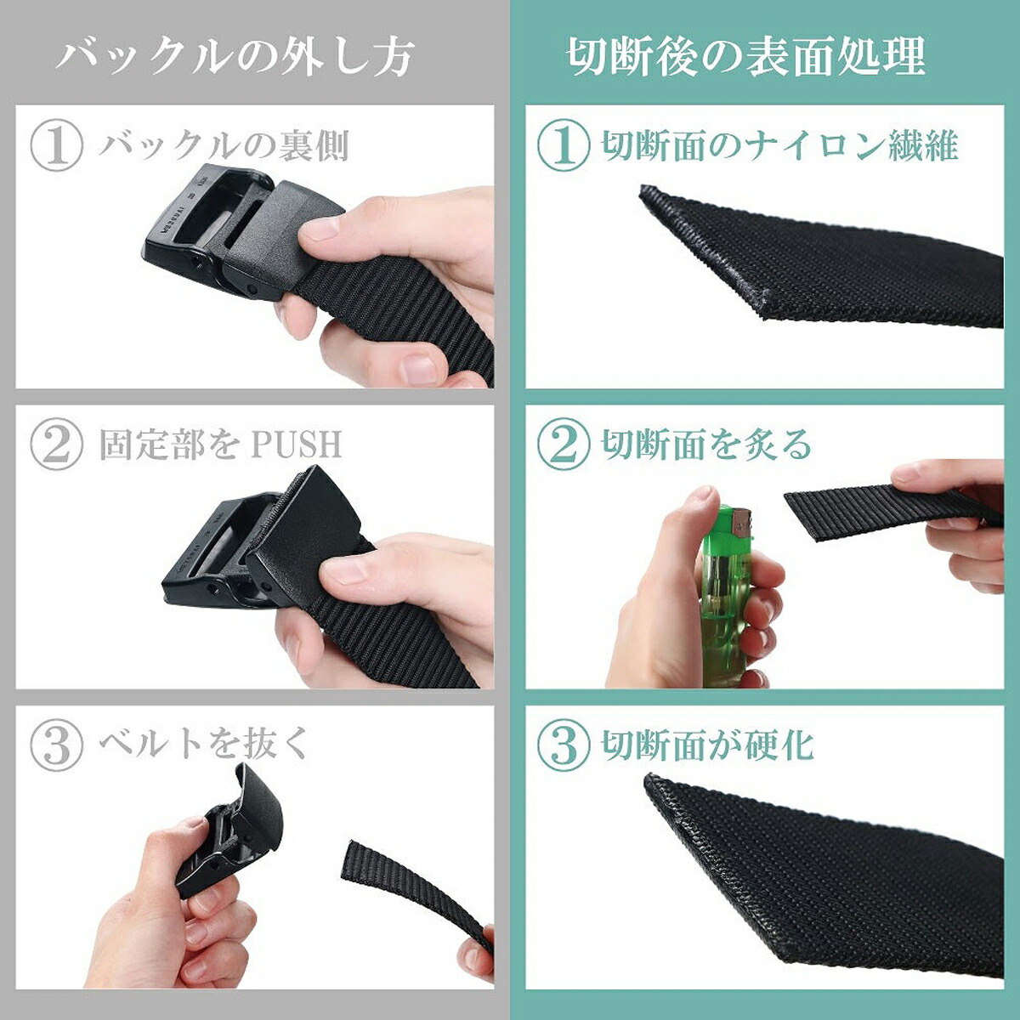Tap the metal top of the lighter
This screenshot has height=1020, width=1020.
click(x=737, y=521)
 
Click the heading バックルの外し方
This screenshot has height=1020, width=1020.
click(x=235, y=57)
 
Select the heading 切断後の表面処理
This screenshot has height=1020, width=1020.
click(x=745, y=57)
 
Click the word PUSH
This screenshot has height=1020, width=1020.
click(x=297, y=444)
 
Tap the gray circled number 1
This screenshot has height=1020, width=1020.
click(x=57, y=145)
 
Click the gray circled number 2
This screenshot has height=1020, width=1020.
click(x=57, y=444)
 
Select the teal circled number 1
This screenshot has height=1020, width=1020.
click(x=564, y=145)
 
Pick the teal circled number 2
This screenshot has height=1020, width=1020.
click(x=564, y=444)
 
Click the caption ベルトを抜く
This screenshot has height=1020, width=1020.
click(x=204, y=744)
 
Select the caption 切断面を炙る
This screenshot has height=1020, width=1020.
click(x=706, y=444)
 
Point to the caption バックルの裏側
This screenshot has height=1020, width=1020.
click(x=224, y=145)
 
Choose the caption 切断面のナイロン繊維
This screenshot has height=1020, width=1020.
click(x=779, y=145)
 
